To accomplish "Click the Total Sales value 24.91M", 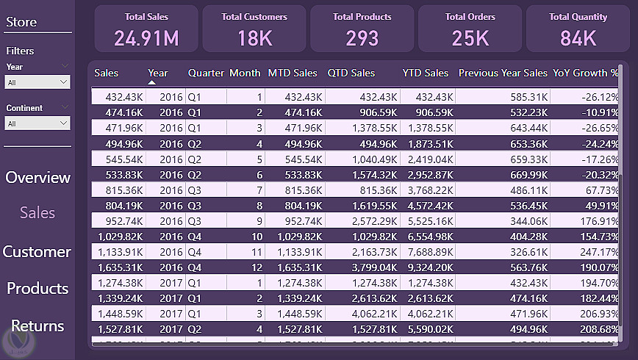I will (x=146, y=37).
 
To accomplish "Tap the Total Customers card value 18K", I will (x=254, y=37).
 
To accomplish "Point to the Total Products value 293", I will (x=362, y=37).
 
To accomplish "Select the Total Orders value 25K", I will (x=470, y=37).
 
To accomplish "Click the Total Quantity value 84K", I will (x=578, y=37).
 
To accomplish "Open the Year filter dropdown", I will (x=37, y=83).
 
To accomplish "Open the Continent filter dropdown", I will (x=37, y=124).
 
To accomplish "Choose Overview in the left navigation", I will (x=37, y=177).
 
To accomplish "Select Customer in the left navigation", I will (x=37, y=251).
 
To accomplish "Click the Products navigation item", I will (x=37, y=288).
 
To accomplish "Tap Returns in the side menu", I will (x=37, y=325).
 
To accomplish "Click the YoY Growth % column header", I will (x=586, y=73).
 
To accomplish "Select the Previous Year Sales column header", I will (x=503, y=73).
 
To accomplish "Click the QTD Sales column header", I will (x=351, y=73).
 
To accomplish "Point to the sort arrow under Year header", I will (x=152, y=82).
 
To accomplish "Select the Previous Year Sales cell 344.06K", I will (x=526, y=220).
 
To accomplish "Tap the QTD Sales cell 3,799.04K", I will (x=370, y=267).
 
